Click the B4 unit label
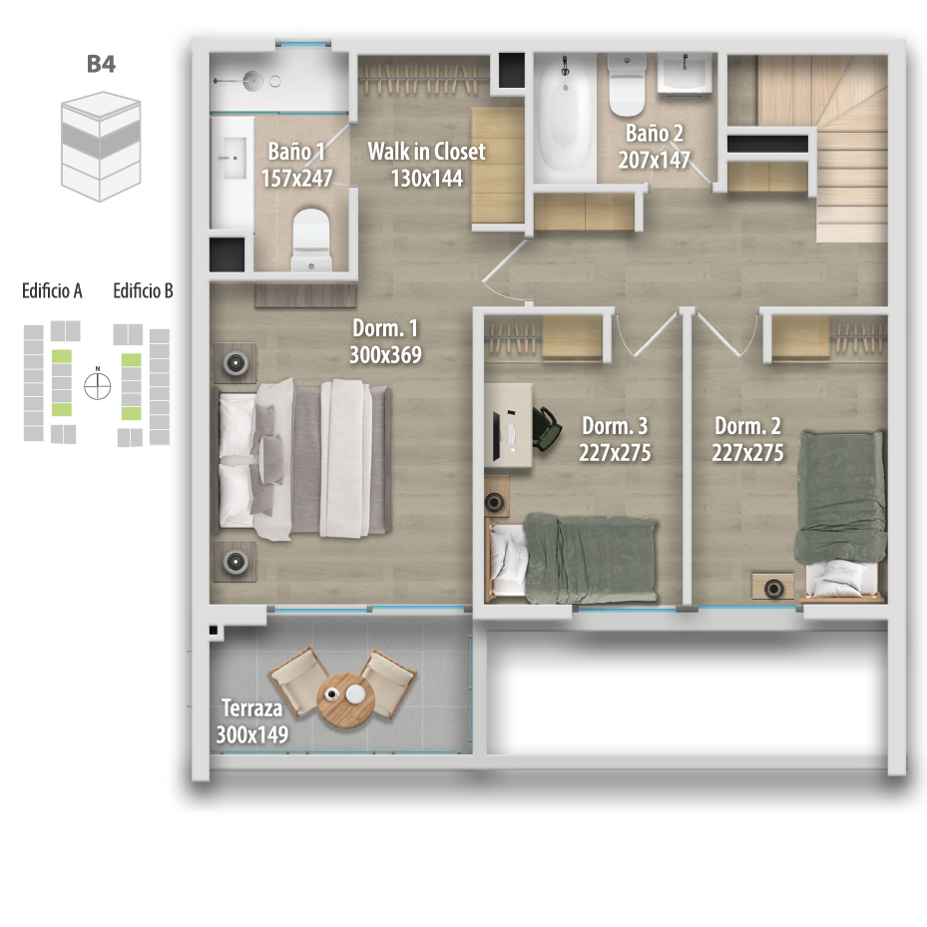click(x=101, y=64)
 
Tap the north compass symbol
click(x=98, y=386)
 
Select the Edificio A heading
click(x=52, y=290)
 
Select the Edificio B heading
click(x=143, y=290)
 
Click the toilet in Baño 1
click(x=311, y=238)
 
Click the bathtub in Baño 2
click(x=565, y=117)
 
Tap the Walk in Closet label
click(x=426, y=152)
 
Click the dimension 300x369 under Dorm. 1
click(x=385, y=354)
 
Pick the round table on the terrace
click(x=345, y=697)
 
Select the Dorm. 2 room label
click(x=747, y=426)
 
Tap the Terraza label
click(x=251, y=707)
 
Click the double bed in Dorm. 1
click(x=304, y=459)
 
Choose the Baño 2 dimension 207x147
click(x=654, y=160)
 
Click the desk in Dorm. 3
click(x=508, y=425)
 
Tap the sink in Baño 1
click(x=232, y=158)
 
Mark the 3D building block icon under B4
click(x=101, y=146)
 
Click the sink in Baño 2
click(x=686, y=74)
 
